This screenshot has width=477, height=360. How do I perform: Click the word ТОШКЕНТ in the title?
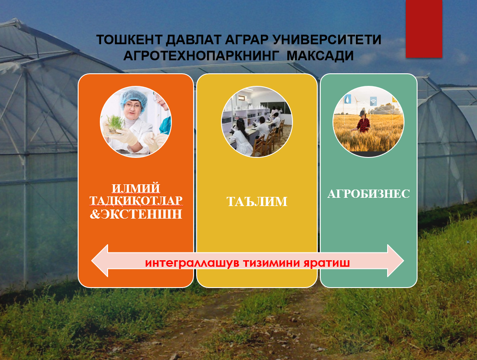pyautogui.click(x=129, y=40)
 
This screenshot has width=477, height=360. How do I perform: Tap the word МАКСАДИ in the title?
pyautogui.click(x=320, y=56)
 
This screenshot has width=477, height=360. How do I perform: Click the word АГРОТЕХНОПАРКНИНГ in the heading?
pyautogui.click(x=201, y=56)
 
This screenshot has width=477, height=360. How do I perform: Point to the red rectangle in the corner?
pyautogui.click(x=424, y=29)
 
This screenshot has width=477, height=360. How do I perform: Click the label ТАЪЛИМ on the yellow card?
pyautogui.click(x=257, y=202)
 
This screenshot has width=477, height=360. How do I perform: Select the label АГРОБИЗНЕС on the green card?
pyautogui.click(x=368, y=194)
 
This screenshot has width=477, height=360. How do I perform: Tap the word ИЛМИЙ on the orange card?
pyautogui.click(x=136, y=188)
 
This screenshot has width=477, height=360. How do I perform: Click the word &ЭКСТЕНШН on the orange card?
pyautogui.click(x=136, y=214)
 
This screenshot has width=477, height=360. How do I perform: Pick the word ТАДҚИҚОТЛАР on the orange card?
pyautogui.click(x=136, y=201)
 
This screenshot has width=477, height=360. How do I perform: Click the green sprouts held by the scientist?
pyautogui.click(x=115, y=123)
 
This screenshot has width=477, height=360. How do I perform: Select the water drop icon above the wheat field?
pyautogui.click(x=347, y=99)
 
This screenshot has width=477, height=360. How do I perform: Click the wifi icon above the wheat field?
pyautogui.click(x=373, y=101)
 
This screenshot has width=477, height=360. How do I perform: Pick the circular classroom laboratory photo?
pyautogui.click(x=257, y=121)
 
